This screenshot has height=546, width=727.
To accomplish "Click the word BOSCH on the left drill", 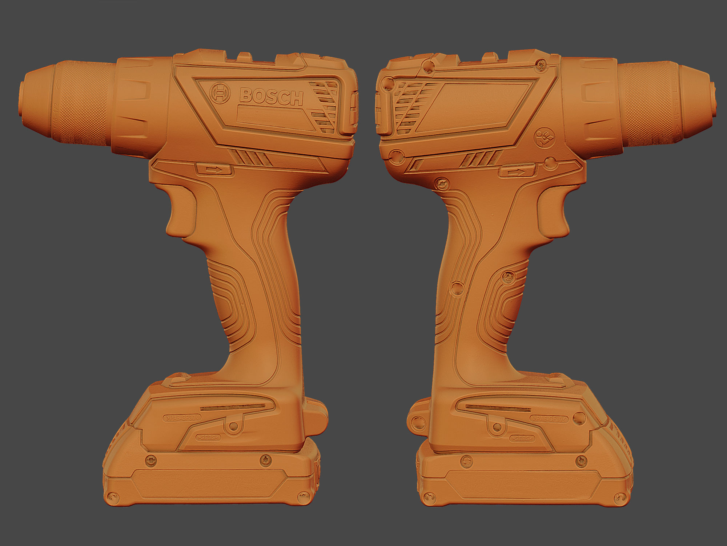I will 271,96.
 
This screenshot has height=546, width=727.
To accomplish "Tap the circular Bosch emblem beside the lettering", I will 220,93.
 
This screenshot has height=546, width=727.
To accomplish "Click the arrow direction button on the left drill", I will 214,169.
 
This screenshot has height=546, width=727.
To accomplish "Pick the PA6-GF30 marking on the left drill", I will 182,418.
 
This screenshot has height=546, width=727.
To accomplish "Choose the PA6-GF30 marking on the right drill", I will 549,419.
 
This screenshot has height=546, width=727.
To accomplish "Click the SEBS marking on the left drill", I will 208,437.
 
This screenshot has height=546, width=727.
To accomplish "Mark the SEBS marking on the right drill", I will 522,439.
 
